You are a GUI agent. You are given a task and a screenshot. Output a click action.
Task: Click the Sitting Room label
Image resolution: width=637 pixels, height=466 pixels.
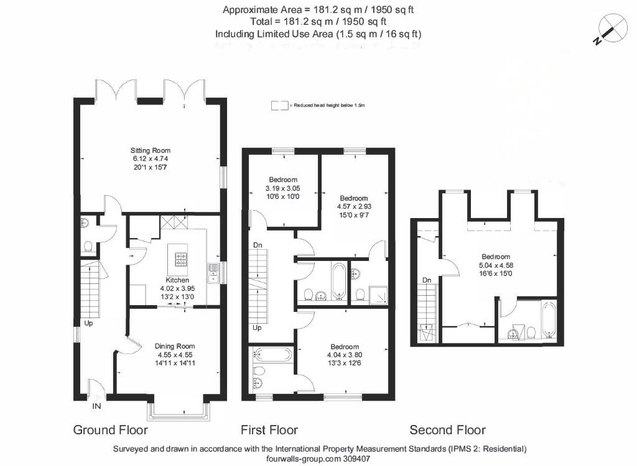click(x=151, y=150)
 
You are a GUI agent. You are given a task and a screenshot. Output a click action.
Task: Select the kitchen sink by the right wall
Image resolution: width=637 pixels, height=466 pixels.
click(x=213, y=273)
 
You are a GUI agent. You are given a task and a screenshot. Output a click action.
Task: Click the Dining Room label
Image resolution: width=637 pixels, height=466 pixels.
click(x=175, y=346)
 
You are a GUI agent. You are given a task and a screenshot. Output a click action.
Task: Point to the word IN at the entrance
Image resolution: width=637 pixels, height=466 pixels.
click(x=96, y=406)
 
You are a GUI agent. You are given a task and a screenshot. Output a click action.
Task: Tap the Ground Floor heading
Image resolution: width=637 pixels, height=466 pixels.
click(x=111, y=430)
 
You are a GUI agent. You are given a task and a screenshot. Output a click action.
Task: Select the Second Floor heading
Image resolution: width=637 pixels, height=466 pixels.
click(x=448, y=430)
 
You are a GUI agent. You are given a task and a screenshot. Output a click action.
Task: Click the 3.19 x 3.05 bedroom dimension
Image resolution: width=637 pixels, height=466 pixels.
click(x=283, y=188)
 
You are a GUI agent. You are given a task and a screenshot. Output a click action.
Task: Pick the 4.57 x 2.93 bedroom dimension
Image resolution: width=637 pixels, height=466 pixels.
click(x=354, y=206)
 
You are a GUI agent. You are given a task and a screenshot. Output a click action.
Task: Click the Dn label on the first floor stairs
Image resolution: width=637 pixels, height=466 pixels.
click(x=258, y=245)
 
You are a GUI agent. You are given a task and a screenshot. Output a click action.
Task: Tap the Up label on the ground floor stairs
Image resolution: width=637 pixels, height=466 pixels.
click(x=88, y=323)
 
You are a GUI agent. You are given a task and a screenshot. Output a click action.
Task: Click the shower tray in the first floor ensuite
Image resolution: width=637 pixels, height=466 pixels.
click(x=378, y=296)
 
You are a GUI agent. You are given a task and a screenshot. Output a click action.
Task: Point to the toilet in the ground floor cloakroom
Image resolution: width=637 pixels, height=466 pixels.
click(x=88, y=247)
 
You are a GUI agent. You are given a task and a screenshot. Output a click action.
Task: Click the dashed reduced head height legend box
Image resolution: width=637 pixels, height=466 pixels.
click(x=279, y=106)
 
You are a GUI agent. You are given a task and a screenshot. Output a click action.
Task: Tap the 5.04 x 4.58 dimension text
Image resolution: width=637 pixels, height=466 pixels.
click(x=496, y=265)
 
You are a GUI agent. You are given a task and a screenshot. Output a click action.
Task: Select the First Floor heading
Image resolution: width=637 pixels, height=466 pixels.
click(x=269, y=430)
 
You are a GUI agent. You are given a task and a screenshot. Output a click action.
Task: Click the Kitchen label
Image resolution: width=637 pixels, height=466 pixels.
click(x=177, y=280)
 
